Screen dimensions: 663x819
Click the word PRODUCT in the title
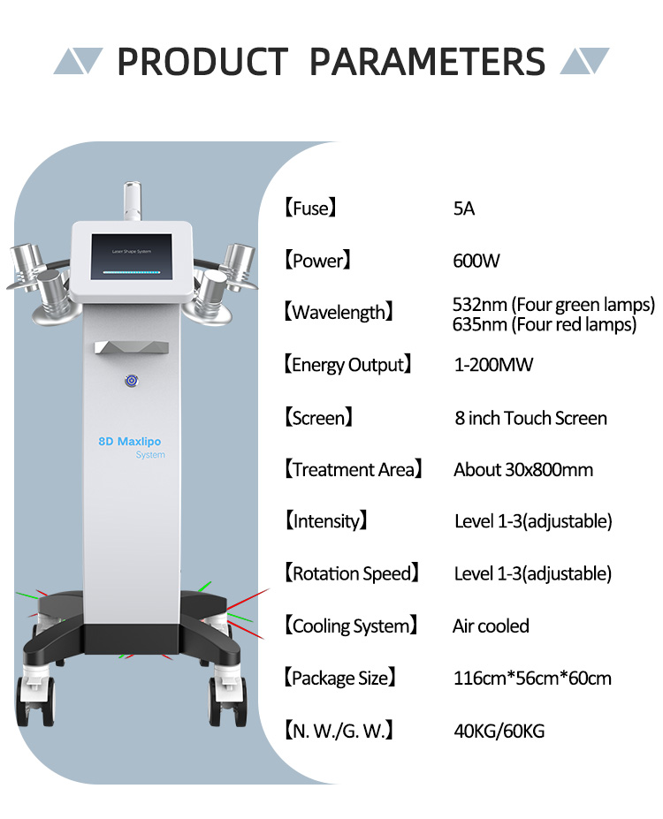coord(202,62)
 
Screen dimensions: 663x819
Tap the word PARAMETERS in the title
coord(427,62)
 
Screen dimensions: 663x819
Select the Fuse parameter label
coord(310,208)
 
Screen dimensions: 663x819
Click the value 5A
coord(464,209)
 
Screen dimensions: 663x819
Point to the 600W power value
coord(476,261)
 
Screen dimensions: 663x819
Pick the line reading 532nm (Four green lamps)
coord(553,304)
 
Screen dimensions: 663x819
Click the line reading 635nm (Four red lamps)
coord(545,324)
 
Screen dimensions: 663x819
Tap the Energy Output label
coord(348,365)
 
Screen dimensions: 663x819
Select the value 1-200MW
coord(494,365)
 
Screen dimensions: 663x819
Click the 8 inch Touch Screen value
coord(530,418)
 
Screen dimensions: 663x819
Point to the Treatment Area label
coord(354,469)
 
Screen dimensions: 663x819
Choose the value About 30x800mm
coord(523,469)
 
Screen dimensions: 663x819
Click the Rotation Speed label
coord(352,573)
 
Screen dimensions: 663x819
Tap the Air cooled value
coord(491,626)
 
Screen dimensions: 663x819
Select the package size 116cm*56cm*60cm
coord(532,678)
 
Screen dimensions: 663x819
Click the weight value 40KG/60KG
coord(499,731)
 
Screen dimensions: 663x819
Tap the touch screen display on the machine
coord(132,256)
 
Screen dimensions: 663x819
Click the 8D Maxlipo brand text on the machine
coord(130,442)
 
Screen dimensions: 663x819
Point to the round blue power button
coord(132,381)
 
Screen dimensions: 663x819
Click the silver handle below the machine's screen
coord(132,347)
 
